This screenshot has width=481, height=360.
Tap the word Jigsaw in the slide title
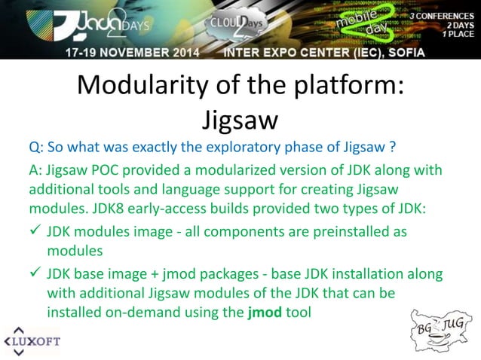pos(240,119)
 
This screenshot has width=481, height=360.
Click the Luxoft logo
pos(32,341)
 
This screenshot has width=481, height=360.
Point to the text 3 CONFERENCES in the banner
pos(441,15)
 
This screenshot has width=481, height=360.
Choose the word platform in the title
pos(343,87)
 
